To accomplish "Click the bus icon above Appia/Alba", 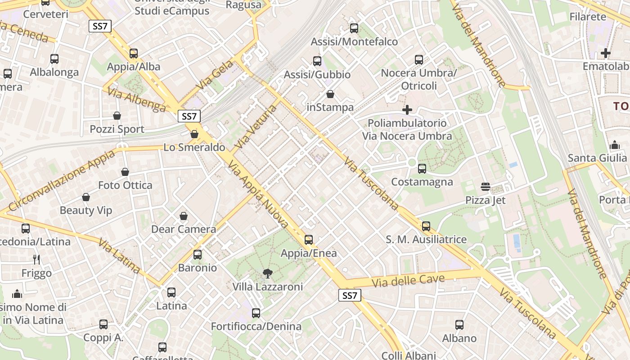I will [134, 54].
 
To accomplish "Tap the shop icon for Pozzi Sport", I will [117, 116].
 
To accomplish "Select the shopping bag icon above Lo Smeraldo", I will [194, 134].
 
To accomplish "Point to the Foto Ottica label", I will [125, 185].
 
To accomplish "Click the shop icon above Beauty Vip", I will [86, 197].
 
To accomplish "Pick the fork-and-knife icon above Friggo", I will [36, 260].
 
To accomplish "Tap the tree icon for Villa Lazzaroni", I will [268, 273].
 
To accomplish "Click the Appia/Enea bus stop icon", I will [309, 240].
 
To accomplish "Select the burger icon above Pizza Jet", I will [486, 187].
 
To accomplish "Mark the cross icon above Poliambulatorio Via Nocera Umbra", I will [407, 110].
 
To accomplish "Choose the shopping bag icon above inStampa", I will [330, 94].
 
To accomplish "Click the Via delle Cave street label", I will [409, 281].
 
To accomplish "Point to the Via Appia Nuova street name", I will [258, 195].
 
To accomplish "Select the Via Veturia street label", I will [256, 127].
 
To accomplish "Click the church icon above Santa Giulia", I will [615, 145].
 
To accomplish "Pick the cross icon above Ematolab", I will [606, 53].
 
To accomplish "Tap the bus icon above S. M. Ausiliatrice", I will [426, 226].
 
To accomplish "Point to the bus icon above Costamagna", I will [422, 169].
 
